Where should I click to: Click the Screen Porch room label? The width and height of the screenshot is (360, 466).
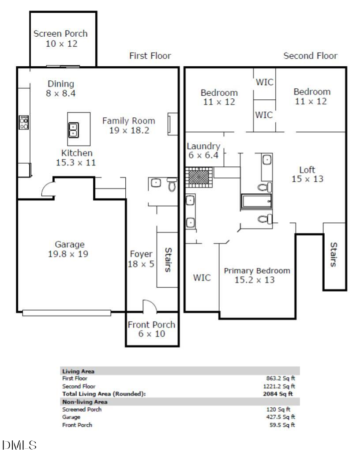click(60, 38)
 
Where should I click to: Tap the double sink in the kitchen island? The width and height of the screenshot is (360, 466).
click(73, 129)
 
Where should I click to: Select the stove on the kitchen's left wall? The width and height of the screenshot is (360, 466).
click(24, 122)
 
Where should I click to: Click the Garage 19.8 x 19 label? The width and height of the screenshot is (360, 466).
click(69, 249)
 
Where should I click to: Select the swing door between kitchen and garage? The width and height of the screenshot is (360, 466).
click(47, 190)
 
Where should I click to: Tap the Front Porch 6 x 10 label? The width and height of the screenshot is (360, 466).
click(151, 329)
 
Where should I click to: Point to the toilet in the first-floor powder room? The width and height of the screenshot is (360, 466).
click(172, 185)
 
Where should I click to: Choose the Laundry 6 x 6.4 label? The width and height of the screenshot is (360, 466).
click(203, 150)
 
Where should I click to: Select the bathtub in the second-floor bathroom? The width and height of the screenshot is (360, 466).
click(256, 202)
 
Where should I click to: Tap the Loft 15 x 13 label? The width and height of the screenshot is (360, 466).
click(307, 174)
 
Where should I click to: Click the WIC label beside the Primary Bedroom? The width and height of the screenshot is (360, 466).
click(202, 278)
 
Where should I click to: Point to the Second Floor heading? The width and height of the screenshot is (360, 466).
click(310, 56)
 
